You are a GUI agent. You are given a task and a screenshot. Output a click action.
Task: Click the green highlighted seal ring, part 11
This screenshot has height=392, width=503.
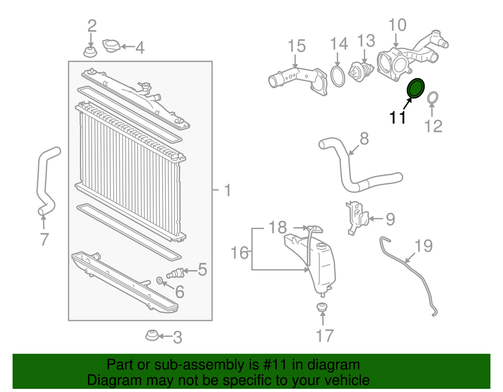click(x=417, y=88)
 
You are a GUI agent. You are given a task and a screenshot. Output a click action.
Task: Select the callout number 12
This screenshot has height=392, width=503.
click(x=433, y=125)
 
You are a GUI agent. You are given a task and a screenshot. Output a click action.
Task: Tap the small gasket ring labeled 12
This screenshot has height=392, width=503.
click(x=433, y=98)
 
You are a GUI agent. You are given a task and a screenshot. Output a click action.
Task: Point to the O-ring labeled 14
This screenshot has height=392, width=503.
click(x=338, y=76)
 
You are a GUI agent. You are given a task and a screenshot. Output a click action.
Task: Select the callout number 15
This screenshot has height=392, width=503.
click(x=297, y=46)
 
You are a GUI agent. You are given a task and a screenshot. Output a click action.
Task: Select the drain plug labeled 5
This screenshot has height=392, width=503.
click(x=174, y=273)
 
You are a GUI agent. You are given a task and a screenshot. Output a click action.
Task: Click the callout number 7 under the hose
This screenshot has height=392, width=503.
click(x=44, y=239)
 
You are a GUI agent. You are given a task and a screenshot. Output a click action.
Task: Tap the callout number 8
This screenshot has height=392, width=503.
click(x=364, y=138)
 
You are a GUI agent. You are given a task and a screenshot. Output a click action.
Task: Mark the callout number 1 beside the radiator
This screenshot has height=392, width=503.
click(x=227, y=191)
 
